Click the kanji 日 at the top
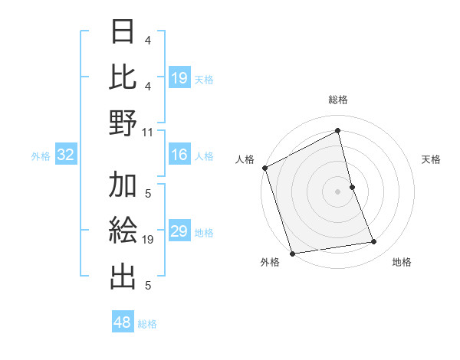click(x=123, y=33)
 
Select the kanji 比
click(x=123, y=77)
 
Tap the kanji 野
click(x=123, y=123)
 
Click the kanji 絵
click(x=123, y=231)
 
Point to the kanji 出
click(x=123, y=277)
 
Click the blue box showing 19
click(x=179, y=77)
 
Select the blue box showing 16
click(x=179, y=155)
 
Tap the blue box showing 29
click(x=179, y=231)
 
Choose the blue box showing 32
click(x=66, y=155)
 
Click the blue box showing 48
click(x=122, y=322)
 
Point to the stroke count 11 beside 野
click(x=148, y=132)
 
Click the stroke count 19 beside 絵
click(x=148, y=240)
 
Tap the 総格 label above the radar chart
click(x=338, y=100)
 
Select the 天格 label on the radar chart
click(x=432, y=159)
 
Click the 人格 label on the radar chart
click(x=245, y=159)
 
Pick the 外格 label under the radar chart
click(x=270, y=262)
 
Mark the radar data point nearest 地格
click(x=374, y=242)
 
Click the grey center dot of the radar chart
click(x=338, y=191)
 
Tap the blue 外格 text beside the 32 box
click(x=41, y=155)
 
